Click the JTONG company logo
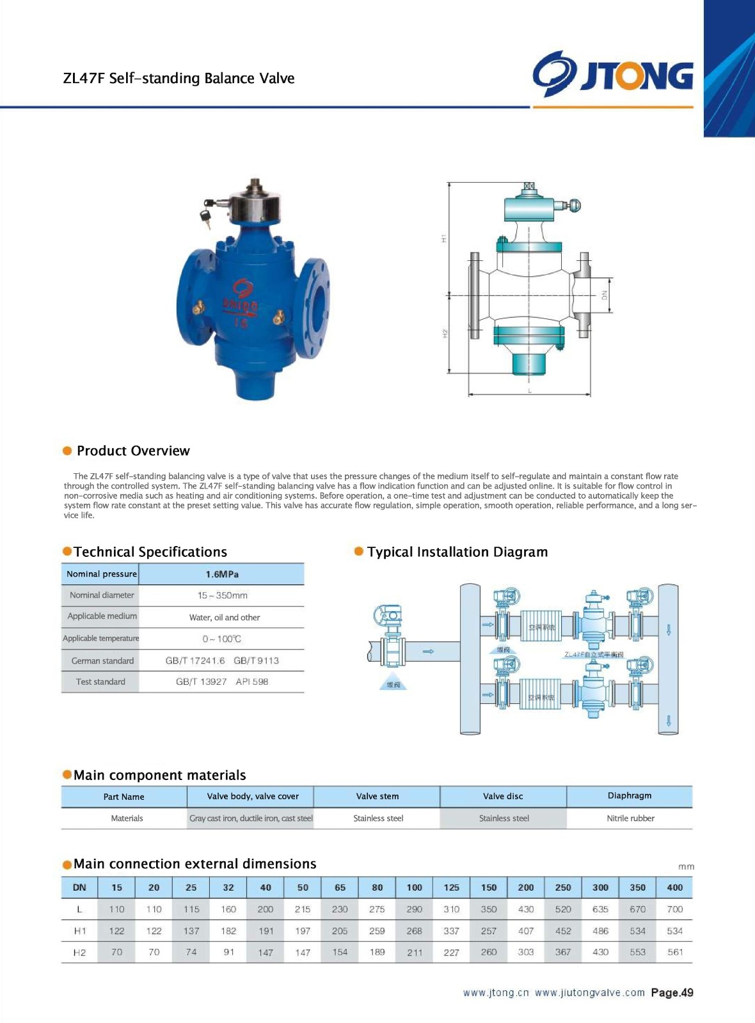613,75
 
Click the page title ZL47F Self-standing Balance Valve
179,79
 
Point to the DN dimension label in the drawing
603,295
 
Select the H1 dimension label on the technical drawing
443,238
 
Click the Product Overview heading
133,451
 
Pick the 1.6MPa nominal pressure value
222,574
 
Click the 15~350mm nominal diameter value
222,595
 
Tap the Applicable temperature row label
100,638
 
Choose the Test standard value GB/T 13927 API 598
222,682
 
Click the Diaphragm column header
630,795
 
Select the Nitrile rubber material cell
630,818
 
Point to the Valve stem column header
377,796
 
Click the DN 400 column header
674,887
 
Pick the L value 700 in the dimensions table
674,909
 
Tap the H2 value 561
675,952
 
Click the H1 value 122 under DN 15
116,931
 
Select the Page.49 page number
672,992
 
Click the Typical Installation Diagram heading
457,552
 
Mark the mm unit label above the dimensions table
686,866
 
